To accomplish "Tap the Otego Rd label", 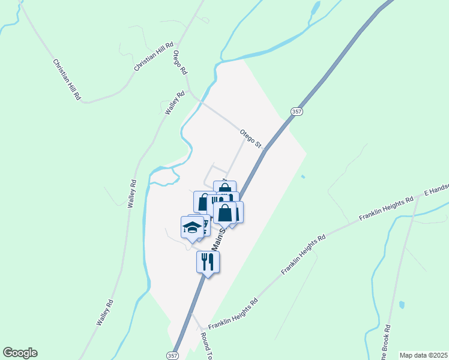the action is [x=179, y=62].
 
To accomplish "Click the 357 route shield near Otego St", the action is [x=296, y=112].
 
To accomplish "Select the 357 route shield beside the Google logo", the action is [x=172, y=355].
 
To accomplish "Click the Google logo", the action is [x=20, y=353].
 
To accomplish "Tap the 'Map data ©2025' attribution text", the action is [x=423, y=355].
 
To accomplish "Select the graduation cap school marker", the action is [x=192, y=227].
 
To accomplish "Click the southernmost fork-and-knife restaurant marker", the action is [x=208, y=262].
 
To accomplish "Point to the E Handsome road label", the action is [x=436, y=189].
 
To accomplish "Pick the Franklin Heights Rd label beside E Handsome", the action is [x=387, y=208].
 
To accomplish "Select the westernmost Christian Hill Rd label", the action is [x=66, y=79].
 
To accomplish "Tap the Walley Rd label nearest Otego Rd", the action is [x=174, y=103].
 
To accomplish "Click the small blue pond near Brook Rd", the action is [x=402, y=305].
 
